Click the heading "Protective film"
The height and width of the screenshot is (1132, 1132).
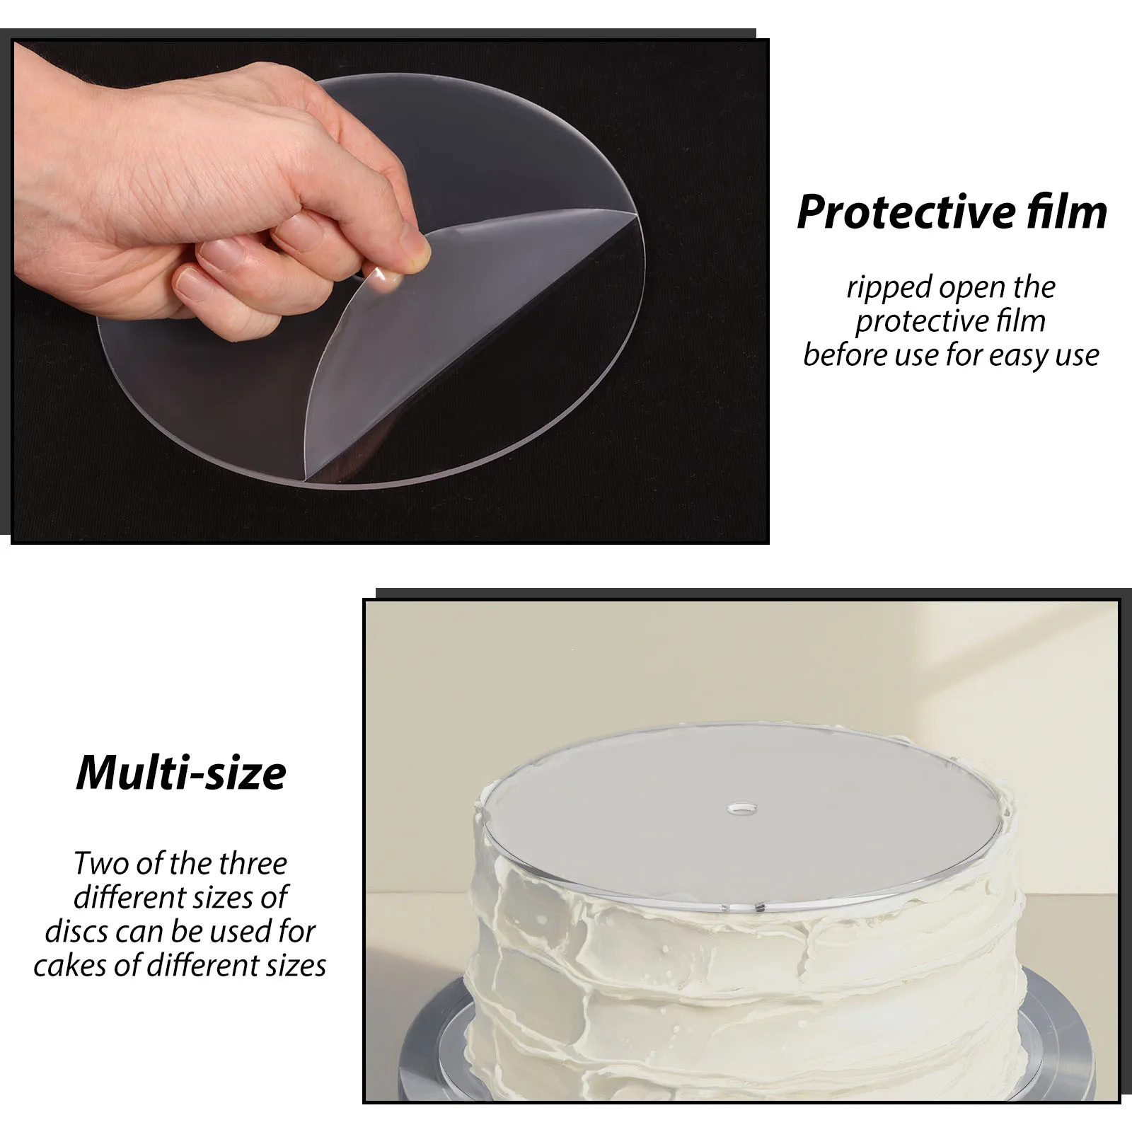[x=952, y=212]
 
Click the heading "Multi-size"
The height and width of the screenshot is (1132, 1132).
[x=181, y=773]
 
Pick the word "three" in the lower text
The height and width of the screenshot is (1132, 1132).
[x=253, y=864]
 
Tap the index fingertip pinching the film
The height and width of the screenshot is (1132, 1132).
[x=415, y=244]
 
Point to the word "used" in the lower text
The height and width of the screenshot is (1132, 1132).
[x=238, y=932]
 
